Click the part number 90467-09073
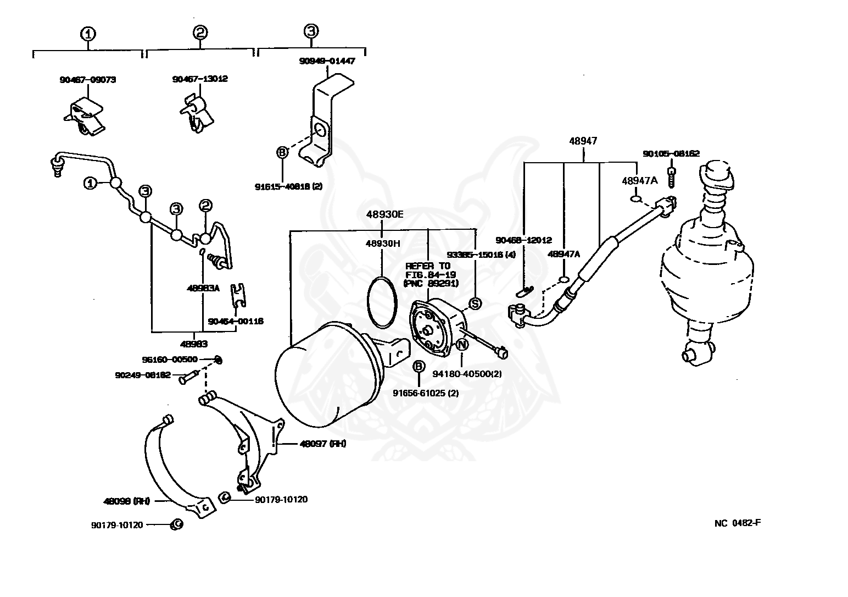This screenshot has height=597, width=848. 87,80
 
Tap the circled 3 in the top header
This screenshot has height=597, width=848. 311,31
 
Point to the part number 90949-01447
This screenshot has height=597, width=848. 327,61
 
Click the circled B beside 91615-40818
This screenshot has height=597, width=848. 282,152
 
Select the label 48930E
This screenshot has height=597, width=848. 384,214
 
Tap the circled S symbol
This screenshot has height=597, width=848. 475,303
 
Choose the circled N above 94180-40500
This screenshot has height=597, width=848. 462,345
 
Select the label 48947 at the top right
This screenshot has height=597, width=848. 583,141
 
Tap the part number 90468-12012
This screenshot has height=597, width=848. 523,240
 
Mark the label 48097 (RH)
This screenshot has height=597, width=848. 322,444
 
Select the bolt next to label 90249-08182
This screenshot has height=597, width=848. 187,377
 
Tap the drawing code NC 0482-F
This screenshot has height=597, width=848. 737,522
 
